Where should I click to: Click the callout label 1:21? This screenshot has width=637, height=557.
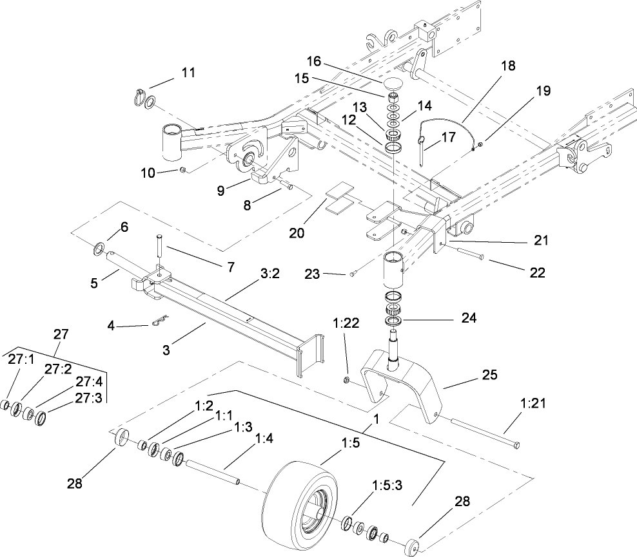click(533, 404)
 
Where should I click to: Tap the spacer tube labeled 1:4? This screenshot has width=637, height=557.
click(213, 472)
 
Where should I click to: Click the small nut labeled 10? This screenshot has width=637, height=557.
click(183, 169)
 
